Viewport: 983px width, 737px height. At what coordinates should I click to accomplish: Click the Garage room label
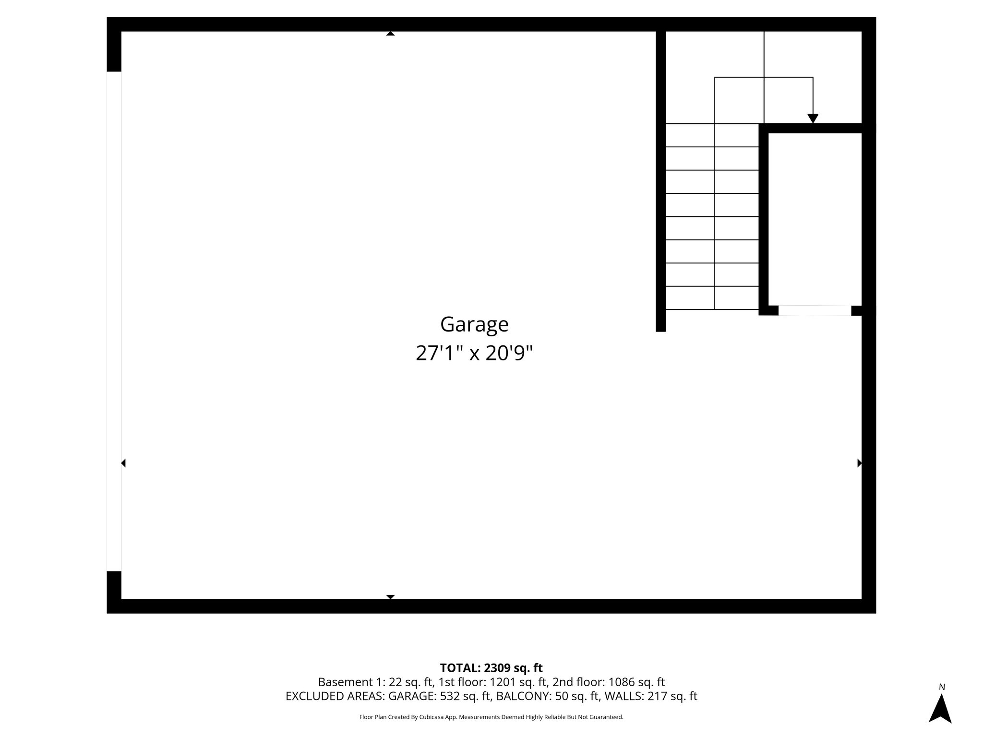point(474,324)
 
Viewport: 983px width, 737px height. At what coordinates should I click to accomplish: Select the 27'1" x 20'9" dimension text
point(474,354)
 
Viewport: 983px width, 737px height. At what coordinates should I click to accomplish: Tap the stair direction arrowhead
point(813,118)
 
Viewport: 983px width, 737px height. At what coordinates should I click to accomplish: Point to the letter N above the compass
point(942,687)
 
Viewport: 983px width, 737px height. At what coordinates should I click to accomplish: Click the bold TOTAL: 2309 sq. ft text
point(491,668)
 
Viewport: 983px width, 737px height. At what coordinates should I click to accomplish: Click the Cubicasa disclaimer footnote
point(491,717)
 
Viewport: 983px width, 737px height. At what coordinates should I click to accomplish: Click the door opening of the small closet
point(815,310)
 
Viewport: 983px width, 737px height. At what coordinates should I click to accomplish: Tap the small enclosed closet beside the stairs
point(815,218)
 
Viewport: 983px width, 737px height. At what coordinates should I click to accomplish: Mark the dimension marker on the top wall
point(390,34)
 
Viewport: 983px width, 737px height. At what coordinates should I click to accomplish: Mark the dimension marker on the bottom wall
point(390,597)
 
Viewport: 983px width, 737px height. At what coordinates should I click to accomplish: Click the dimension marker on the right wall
point(859,463)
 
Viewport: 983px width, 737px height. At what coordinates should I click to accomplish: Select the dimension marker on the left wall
point(123,463)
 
